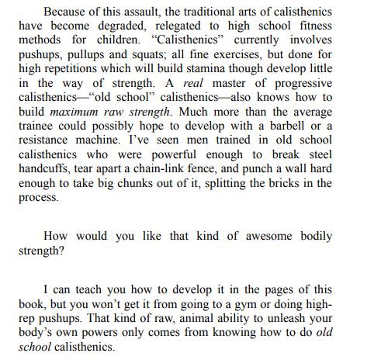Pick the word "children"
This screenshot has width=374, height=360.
tap(124, 42)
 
